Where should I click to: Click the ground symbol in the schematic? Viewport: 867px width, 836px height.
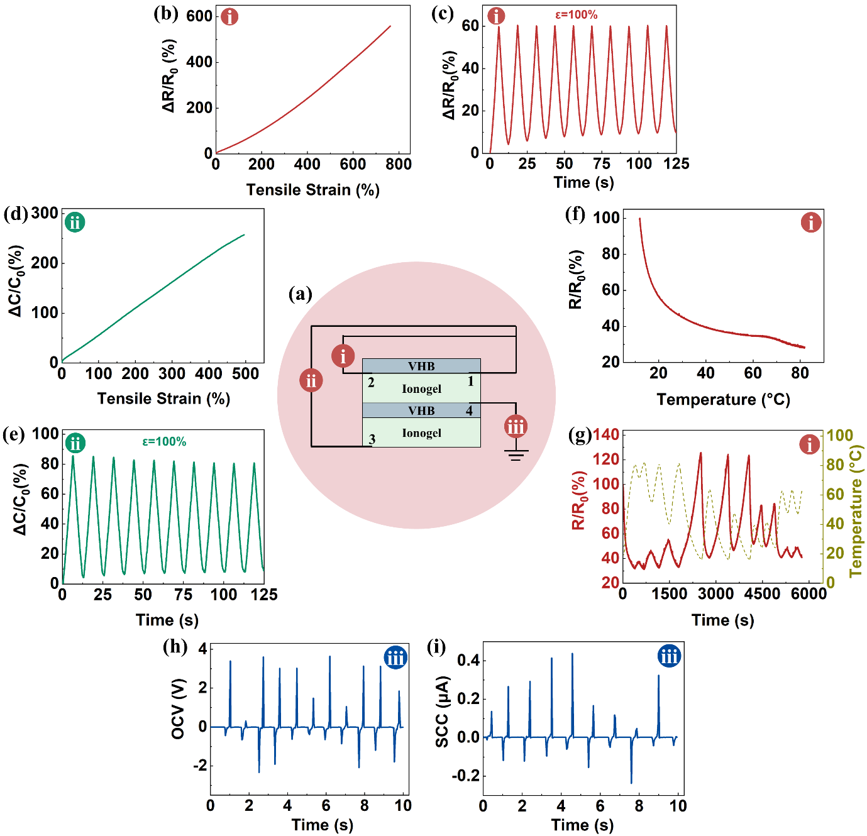point(516,454)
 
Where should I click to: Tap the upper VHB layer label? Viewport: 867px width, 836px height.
point(421,366)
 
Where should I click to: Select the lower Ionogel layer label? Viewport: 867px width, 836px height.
point(421,433)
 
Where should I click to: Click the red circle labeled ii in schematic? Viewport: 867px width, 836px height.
point(311,380)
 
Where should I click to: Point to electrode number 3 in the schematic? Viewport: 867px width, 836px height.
point(372,439)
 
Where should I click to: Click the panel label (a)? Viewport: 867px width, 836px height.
point(300,294)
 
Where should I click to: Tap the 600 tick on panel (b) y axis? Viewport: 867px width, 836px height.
point(199,16)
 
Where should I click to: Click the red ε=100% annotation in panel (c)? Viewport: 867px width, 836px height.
point(576,14)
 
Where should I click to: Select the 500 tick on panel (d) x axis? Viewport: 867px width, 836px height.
point(245,374)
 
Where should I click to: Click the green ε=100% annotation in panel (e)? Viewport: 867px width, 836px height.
point(164,442)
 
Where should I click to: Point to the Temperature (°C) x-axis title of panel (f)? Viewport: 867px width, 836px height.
point(723,400)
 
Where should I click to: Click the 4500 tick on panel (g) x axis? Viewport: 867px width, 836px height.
point(762,594)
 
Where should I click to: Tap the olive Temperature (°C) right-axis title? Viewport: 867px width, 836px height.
point(856,510)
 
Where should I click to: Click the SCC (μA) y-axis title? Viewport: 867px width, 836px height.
point(442,712)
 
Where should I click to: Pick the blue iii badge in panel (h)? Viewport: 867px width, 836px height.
point(395,658)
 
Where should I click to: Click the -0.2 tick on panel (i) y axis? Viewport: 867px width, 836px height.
point(465,776)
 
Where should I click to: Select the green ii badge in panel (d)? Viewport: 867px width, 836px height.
point(75,222)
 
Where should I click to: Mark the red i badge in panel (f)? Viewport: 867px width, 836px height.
point(811,223)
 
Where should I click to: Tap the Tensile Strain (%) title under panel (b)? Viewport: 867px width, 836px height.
point(312,190)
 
